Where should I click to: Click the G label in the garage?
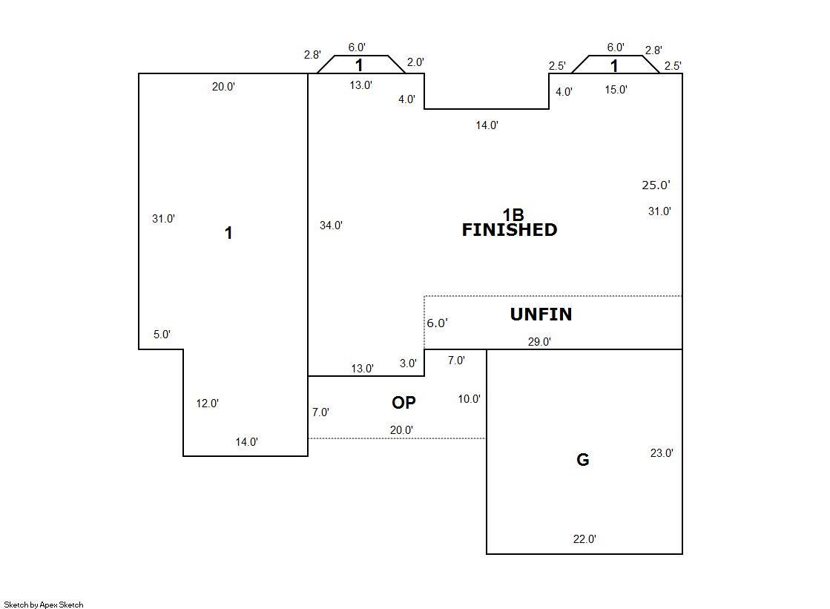click(583, 460)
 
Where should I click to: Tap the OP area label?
click(404, 403)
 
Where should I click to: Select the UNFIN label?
click(541, 315)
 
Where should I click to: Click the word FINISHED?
click(509, 230)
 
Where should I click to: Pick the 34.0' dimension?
click(331, 226)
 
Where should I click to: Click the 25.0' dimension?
click(656, 185)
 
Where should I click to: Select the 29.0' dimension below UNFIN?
click(539, 342)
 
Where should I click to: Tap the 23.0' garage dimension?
click(662, 453)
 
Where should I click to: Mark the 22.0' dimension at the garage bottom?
click(584, 539)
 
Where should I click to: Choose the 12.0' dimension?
click(207, 404)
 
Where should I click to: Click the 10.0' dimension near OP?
click(469, 399)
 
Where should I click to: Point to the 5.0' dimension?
click(162, 335)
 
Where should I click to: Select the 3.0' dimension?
click(408, 363)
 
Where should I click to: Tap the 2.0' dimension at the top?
click(415, 62)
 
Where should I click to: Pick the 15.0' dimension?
click(616, 90)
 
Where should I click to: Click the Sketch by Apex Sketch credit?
click(44, 605)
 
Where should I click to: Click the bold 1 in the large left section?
click(228, 233)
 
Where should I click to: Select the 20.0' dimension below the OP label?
click(402, 429)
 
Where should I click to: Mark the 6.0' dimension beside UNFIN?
click(437, 323)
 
